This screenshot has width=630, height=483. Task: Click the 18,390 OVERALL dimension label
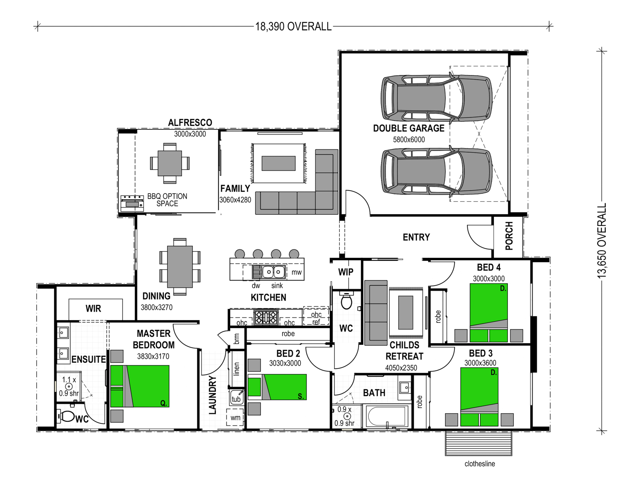point(293,27)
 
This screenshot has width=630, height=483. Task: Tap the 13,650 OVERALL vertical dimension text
point(602,241)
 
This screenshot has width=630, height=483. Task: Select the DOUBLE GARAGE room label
point(409,128)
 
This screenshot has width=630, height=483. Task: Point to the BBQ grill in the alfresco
point(132,203)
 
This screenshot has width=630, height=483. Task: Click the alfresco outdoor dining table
point(170,163)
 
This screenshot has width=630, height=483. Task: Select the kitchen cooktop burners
point(265,317)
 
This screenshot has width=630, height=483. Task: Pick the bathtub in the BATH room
point(387,416)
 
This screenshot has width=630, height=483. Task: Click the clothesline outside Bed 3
point(479,443)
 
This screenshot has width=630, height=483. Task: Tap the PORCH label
point(509,236)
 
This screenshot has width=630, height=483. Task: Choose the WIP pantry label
point(346,272)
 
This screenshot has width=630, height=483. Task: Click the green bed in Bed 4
point(488,313)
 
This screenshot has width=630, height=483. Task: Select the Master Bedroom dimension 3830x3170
point(153,356)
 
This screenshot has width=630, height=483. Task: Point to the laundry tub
point(236,397)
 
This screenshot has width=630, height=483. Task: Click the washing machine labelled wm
point(235,417)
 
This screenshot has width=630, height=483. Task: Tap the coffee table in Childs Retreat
point(406,312)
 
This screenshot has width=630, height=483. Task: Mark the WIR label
point(93,308)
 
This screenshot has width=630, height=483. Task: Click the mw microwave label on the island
point(296,272)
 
